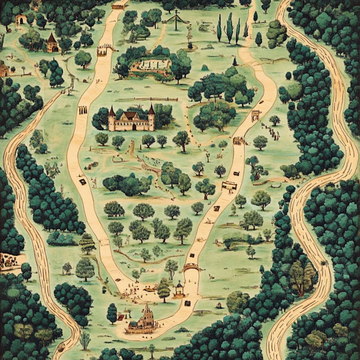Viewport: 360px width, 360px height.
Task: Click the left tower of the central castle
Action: click(x=112, y=119)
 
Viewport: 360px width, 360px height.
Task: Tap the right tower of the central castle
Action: click(x=151, y=118)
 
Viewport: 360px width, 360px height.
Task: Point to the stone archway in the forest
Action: click(x=21, y=20)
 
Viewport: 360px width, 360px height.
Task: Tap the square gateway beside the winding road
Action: click(x=256, y=115)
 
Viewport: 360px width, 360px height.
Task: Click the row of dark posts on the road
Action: click(x=83, y=110)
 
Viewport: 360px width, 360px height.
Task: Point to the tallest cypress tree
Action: click(x=229, y=28)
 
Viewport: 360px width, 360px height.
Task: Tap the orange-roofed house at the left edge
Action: click(x=4, y=69)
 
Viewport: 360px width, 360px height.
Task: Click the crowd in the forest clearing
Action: click(x=8, y=259)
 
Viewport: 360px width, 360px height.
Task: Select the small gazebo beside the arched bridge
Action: click(x=179, y=289)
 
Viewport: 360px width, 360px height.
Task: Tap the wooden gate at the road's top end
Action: click(x=119, y=6)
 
